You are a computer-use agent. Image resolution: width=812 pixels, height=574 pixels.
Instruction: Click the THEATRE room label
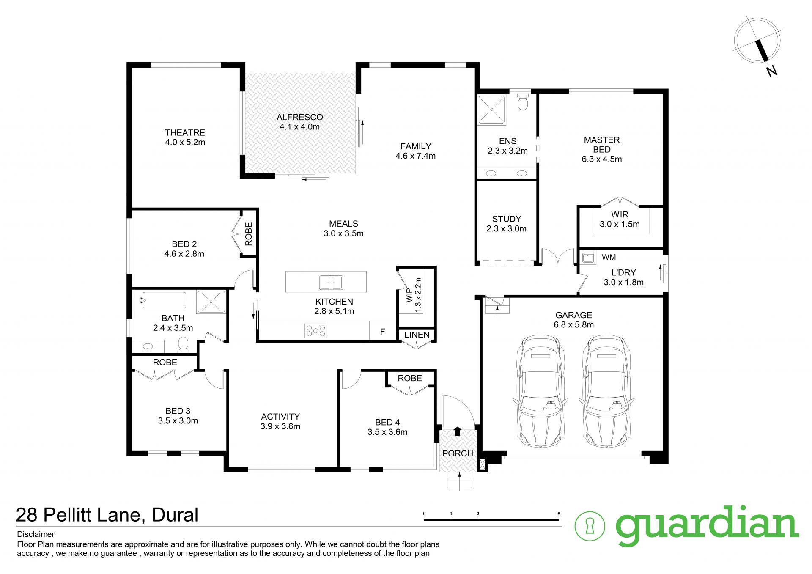pos(185,133)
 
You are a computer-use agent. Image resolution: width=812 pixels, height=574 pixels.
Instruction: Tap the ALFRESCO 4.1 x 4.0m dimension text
pos(299,127)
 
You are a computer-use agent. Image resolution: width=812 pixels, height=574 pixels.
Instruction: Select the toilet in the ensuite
pos(523,102)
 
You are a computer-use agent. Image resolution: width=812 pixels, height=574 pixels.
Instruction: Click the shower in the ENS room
pos(491,110)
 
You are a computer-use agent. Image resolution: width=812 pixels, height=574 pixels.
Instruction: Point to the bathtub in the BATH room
pos(164,300)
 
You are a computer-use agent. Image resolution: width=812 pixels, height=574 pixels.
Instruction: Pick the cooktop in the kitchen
pos(316,331)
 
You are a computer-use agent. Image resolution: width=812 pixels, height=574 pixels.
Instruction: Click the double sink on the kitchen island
pos(331,282)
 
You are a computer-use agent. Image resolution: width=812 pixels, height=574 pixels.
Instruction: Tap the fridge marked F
pos(382,331)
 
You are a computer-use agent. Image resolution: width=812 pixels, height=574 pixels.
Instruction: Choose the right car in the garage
pos(605,391)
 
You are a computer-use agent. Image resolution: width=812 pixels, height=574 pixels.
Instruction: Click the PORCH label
pos(458,453)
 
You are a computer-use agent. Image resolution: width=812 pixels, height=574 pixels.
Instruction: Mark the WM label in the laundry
pos(609,257)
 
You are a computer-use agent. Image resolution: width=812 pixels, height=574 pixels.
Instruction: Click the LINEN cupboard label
pos(417,335)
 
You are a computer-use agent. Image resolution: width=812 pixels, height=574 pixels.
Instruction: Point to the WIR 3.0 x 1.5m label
pos(620,220)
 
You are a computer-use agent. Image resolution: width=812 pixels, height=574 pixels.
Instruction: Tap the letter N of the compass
pos(772,71)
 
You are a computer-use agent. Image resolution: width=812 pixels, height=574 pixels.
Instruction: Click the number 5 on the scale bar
pos(559,514)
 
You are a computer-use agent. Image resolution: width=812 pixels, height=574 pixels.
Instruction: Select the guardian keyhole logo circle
pos(590,526)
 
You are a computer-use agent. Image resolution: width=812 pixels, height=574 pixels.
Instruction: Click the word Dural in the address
pos(175,515)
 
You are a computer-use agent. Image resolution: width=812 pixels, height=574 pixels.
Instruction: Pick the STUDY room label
pos(506,219)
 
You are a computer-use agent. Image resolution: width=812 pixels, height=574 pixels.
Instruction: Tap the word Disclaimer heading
pos(36,534)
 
